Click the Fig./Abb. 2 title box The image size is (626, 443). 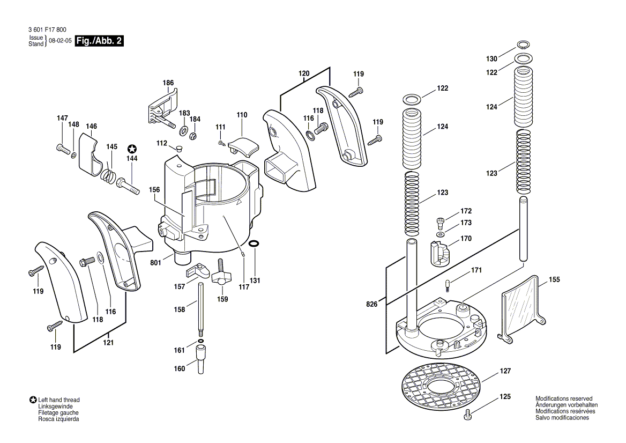click(99, 41)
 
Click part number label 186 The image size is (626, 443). click(168, 83)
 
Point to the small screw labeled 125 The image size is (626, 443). click(469, 413)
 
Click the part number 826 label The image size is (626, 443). click(372, 304)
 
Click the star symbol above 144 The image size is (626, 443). click(132, 149)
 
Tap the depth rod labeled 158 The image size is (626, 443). click(200, 308)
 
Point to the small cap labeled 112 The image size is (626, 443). click(178, 147)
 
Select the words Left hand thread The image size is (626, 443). click(58, 400)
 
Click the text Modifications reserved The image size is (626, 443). click(564, 398)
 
